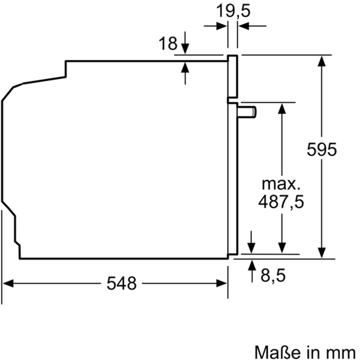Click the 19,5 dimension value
pyautogui.click(x=233, y=10)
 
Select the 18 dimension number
pyautogui.click(x=168, y=43)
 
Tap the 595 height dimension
pyautogui.click(x=322, y=150)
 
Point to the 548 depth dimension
pyautogui.click(x=121, y=283)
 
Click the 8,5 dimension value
pyautogui.click(x=273, y=275)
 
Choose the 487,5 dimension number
pyautogui.click(x=281, y=201)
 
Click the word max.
pyautogui.click(x=281, y=184)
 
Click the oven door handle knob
pyautogui.click(x=247, y=112)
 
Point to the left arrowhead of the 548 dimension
pyautogui.click(x=8, y=283)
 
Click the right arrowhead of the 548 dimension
pyautogui.click(x=221, y=283)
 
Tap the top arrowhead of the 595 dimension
pyautogui.click(x=322, y=61)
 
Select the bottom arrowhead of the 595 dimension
pyautogui.click(x=322, y=253)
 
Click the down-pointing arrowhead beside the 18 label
pyautogui.click(x=185, y=49)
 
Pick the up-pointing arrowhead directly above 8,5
pyautogui.click(x=252, y=265)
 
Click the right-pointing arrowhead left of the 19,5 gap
pyautogui.click(x=221, y=26)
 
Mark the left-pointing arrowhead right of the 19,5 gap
pyautogui.click(x=243, y=26)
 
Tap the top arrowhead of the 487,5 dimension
pyautogui.click(x=282, y=109)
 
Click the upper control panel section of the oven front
pyautogui.click(x=232, y=76)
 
